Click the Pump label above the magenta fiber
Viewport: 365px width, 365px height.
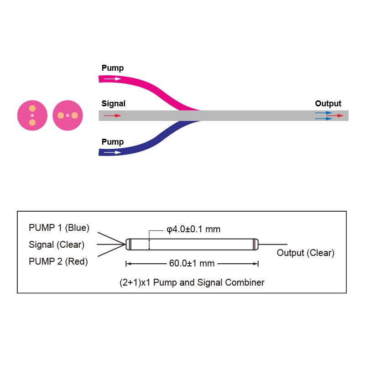112,68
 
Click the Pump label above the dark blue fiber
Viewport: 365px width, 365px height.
112,142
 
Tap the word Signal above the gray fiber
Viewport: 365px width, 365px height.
113,104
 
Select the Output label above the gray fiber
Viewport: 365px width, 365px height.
328,104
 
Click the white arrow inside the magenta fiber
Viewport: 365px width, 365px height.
112,78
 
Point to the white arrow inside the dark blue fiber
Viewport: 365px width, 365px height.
112,152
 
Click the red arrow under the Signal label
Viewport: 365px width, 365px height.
113,115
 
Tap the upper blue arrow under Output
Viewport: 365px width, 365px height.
323,113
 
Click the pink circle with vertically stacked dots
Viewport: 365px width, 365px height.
32,115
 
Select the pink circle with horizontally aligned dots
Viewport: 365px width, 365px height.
68,115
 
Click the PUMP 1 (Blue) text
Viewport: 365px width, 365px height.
59,228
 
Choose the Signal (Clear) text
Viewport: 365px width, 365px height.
57,245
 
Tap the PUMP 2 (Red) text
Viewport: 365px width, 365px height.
58,261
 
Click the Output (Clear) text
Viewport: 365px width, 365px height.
306,253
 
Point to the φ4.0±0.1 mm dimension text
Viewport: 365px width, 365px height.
193,229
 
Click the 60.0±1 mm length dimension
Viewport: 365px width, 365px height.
192,264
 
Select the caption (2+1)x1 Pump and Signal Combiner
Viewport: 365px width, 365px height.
192,282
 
